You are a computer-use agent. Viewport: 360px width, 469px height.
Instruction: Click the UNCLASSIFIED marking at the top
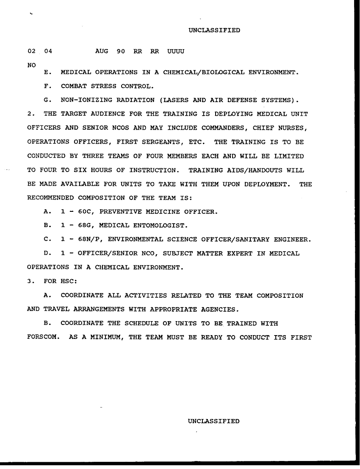tap(214, 30)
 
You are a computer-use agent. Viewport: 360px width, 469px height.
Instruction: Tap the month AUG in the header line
tap(102, 51)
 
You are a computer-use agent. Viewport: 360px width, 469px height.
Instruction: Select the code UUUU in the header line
tap(176, 51)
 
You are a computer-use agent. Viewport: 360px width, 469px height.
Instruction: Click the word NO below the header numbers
tap(31, 65)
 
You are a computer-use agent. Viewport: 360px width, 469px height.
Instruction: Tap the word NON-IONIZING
tap(84, 100)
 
